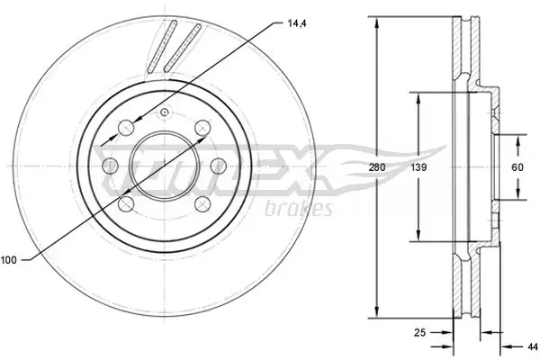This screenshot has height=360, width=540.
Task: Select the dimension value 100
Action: pos(10,260)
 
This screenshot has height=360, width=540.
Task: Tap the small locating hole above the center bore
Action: pos(165,112)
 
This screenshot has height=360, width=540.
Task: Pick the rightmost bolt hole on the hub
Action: pos(219,166)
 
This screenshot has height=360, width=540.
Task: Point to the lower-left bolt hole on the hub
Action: pos(128,205)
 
